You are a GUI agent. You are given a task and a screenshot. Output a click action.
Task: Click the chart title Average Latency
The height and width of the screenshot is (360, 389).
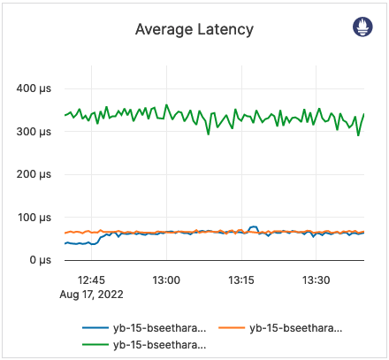click(194, 29)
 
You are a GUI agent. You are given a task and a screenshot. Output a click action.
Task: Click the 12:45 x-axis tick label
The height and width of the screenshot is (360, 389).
click(91, 280)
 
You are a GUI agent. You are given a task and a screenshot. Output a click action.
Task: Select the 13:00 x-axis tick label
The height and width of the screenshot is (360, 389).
click(166, 280)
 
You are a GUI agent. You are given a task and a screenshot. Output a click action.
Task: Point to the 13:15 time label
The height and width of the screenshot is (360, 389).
click(241, 280)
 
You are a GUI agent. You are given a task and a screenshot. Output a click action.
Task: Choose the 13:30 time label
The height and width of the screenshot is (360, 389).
click(316, 280)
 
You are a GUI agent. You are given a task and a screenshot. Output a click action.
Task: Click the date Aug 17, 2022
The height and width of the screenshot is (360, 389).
click(92, 294)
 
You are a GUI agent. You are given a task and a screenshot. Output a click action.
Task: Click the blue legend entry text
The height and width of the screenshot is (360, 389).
click(158, 327)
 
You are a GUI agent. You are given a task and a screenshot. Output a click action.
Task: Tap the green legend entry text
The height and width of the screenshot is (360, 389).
click(158, 343)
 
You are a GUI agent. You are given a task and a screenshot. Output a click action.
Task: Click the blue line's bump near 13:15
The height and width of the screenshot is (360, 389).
click(254, 227)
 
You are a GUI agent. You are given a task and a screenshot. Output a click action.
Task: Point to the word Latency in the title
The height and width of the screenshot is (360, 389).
click(223, 29)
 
